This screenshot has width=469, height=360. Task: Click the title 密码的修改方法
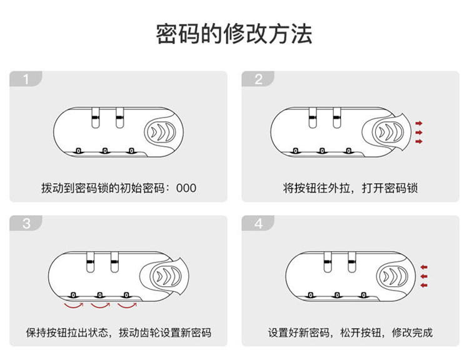pyautogui.click(x=234, y=34)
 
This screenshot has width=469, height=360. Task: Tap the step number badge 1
pyautogui.click(x=26, y=79)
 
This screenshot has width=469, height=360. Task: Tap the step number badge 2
pyautogui.click(x=258, y=79)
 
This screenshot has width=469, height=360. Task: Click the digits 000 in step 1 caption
pyautogui.click(x=187, y=188)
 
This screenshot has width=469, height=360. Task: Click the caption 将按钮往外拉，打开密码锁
pyautogui.click(x=350, y=188)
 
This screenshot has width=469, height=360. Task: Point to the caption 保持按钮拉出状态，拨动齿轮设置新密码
pyautogui.click(x=118, y=332)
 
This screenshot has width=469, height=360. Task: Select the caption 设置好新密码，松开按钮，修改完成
pyautogui.click(x=350, y=332)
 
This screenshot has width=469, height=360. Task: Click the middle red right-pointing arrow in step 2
pyautogui.click(x=418, y=132)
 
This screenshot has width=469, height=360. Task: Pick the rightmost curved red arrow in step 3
pyautogui.click(x=128, y=306)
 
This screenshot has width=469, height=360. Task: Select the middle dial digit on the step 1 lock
pyautogui.click(x=104, y=150)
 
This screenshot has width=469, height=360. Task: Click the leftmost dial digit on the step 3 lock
pyautogui.click(x=73, y=294)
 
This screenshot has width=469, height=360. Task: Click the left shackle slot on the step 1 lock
pyautogui.click(x=94, y=119)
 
